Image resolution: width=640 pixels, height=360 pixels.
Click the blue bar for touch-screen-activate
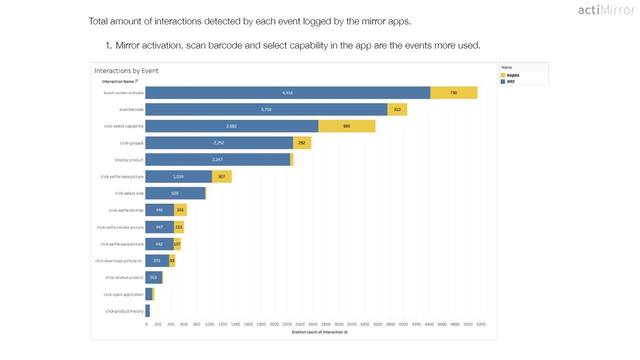coord(287,92)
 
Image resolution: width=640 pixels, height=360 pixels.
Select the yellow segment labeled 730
coord(453,92)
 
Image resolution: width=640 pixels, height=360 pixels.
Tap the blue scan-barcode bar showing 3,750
coord(266,109)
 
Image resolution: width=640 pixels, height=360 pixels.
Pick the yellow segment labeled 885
coord(346,126)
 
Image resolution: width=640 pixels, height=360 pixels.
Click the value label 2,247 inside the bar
coord(217,160)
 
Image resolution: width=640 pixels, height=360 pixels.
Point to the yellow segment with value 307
coord(221,176)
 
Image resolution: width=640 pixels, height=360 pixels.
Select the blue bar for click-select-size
coord(175,193)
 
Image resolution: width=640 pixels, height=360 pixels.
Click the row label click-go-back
coord(131,143)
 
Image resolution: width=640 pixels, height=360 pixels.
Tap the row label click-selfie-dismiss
coord(126,210)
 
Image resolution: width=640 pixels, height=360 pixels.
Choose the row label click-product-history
coord(124,311)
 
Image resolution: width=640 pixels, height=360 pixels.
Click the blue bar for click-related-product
coord(153,277)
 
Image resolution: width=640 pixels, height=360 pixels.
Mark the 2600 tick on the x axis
coord(313,324)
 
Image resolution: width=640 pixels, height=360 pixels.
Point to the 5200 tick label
coord(480,324)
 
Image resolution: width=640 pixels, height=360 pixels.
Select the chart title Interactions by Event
coord(126,71)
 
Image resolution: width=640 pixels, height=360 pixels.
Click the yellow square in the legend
coord(503,75)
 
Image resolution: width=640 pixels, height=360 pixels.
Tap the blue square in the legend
coord(503,81)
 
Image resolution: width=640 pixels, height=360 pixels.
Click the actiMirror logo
coord(606,10)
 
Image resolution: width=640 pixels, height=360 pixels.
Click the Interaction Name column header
coord(118,81)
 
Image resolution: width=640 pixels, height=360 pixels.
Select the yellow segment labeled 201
coord(180,210)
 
